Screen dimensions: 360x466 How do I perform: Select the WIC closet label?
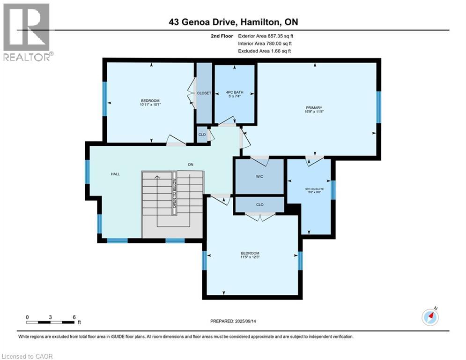pos(259,177)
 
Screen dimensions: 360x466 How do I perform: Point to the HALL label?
pos(115,174)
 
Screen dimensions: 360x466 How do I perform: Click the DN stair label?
pos(191,164)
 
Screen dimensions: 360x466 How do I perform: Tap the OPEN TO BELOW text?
pos(174,194)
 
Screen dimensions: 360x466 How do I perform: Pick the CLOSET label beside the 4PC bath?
pos(204,93)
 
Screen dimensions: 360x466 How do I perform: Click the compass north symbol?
pos(430,317)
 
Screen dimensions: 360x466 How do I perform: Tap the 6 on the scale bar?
pos(74,317)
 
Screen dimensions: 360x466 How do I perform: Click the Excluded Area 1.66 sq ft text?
pos(265,51)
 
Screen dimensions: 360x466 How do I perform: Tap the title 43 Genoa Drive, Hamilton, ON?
pos(233,22)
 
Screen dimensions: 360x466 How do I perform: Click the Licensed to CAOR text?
pos(27,356)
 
